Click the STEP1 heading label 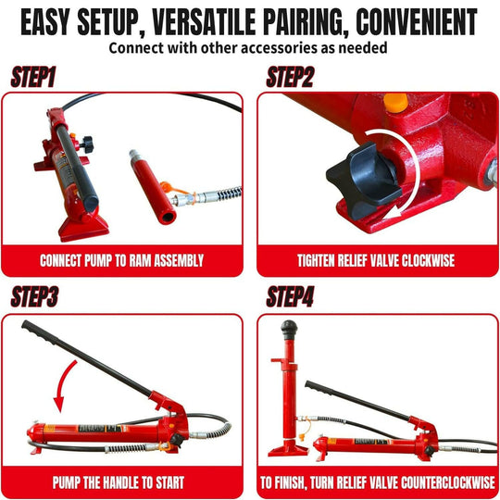pos(33,78)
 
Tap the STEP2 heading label pos(290,78)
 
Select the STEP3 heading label pos(36,298)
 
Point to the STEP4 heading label pos(292,298)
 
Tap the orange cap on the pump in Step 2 pos(395,102)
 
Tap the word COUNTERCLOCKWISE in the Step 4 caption pos(421,481)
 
